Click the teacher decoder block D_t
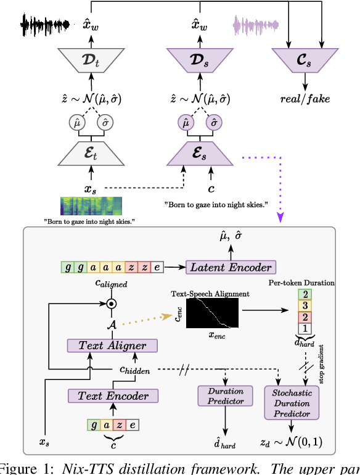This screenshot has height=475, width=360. pyautogui.click(x=91, y=61)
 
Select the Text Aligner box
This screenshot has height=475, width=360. pyautogui.click(x=108, y=345)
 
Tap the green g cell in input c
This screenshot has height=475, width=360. pyautogui.click(x=94, y=424)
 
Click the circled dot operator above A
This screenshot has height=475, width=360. pyautogui.click(x=111, y=303)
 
